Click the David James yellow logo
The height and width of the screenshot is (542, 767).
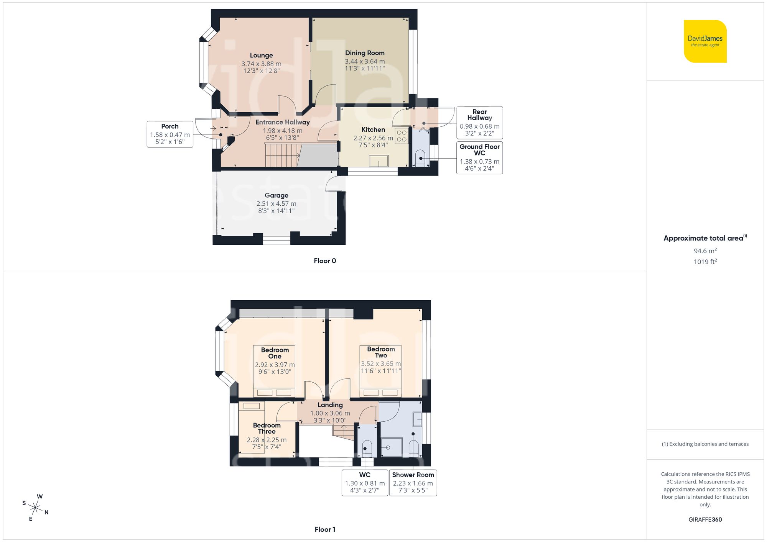(x=705, y=41)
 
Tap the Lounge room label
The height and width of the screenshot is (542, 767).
(x=261, y=56)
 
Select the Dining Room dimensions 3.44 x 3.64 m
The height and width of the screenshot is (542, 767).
(x=364, y=61)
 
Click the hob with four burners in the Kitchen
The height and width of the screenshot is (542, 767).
(x=402, y=136)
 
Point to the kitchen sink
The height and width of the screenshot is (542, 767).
(x=379, y=161)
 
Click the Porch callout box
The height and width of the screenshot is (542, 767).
(x=170, y=134)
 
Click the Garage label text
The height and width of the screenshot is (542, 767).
(x=276, y=195)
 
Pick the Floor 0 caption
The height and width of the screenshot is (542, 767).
(x=324, y=261)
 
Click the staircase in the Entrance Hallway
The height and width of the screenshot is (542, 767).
(x=282, y=155)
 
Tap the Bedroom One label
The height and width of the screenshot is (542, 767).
(x=275, y=353)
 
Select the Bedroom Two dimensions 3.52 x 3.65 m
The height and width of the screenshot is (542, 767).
(x=380, y=364)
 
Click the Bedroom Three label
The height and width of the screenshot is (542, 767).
(x=267, y=428)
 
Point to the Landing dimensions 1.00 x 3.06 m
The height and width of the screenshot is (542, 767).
(x=330, y=413)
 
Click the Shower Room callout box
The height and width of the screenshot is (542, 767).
(x=413, y=482)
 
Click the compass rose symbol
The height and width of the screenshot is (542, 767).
(x=35, y=508)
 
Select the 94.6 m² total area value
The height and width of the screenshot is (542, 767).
(x=705, y=251)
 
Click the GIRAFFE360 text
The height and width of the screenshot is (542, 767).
(x=705, y=520)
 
